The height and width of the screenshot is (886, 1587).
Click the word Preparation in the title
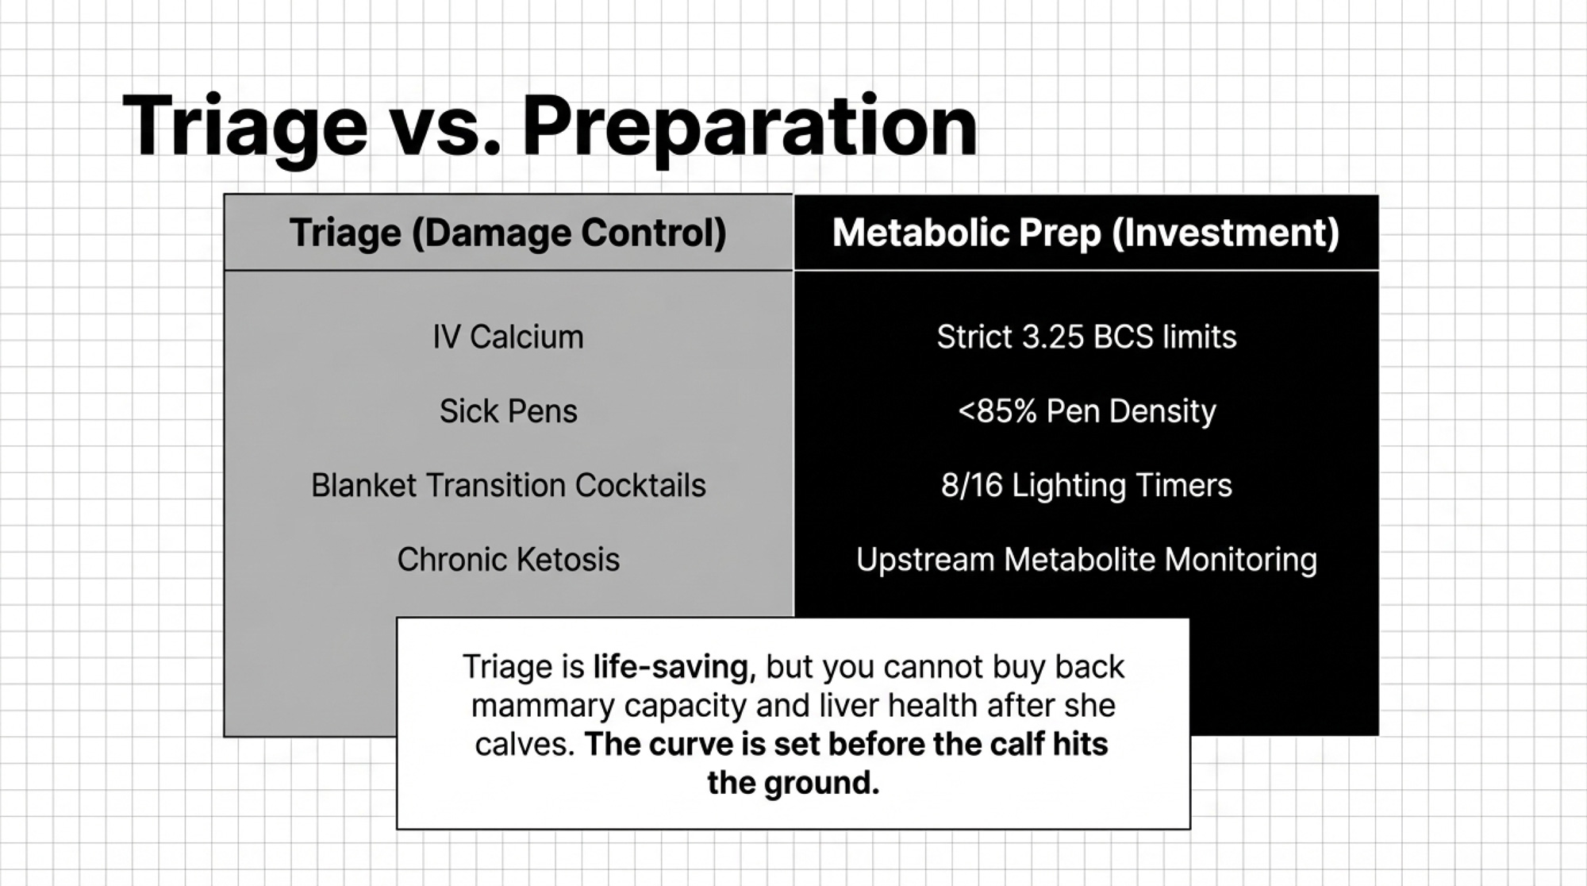coord(750,128)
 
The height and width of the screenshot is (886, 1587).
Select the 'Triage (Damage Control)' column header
coord(508,233)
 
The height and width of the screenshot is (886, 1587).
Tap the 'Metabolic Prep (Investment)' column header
coord(1086,233)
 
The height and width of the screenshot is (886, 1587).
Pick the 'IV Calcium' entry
coord(508,337)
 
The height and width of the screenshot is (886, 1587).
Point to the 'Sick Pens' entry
coord(508,411)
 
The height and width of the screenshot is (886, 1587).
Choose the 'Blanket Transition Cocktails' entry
coord(508,485)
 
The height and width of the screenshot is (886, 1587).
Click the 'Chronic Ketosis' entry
coord(508,560)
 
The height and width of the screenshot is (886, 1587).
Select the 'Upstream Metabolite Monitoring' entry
coord(1086,560)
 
